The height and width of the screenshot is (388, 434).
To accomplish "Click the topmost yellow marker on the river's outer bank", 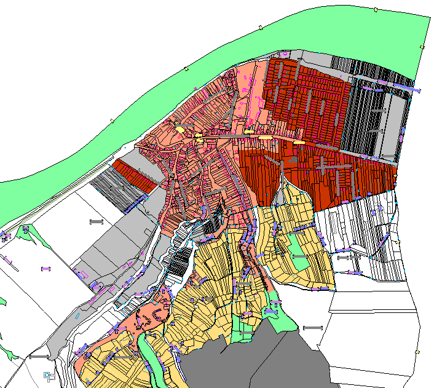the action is tap(376, 9).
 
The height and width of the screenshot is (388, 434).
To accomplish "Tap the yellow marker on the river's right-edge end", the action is tap(422, 47).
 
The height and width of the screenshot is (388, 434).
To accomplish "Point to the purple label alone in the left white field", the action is tap(45, 269).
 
